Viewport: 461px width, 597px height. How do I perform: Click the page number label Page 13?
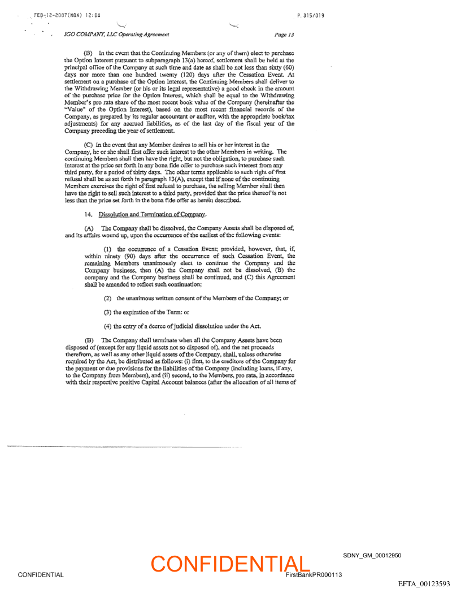point(284,34)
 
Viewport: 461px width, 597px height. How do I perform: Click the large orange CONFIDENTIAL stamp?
point(230,563)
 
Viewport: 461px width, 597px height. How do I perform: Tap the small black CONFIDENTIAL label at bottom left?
point(40,575)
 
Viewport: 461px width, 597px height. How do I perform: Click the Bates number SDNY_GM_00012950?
point(372,556)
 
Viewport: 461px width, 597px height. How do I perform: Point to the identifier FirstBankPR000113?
point(314,575)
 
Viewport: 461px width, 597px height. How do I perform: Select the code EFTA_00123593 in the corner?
point(424,583)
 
